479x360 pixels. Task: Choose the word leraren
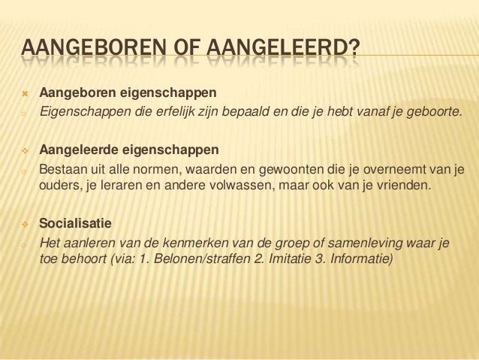click(x=114, y=185)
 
